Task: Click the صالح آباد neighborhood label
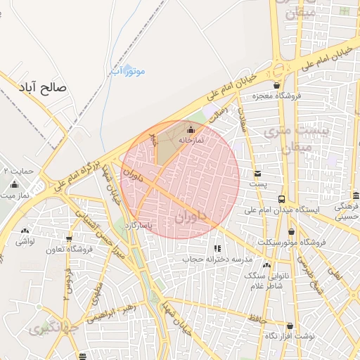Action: coord(43,88)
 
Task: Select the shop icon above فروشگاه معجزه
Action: coord(277,85)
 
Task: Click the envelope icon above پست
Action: coord(258,173)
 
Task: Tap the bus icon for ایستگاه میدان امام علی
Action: coord(281,199)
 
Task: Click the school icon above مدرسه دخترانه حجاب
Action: coord(217,248)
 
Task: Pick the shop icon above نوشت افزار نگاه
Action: coord(290,326)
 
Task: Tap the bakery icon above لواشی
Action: coord(25,230)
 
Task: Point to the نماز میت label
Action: coord(15,195)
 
